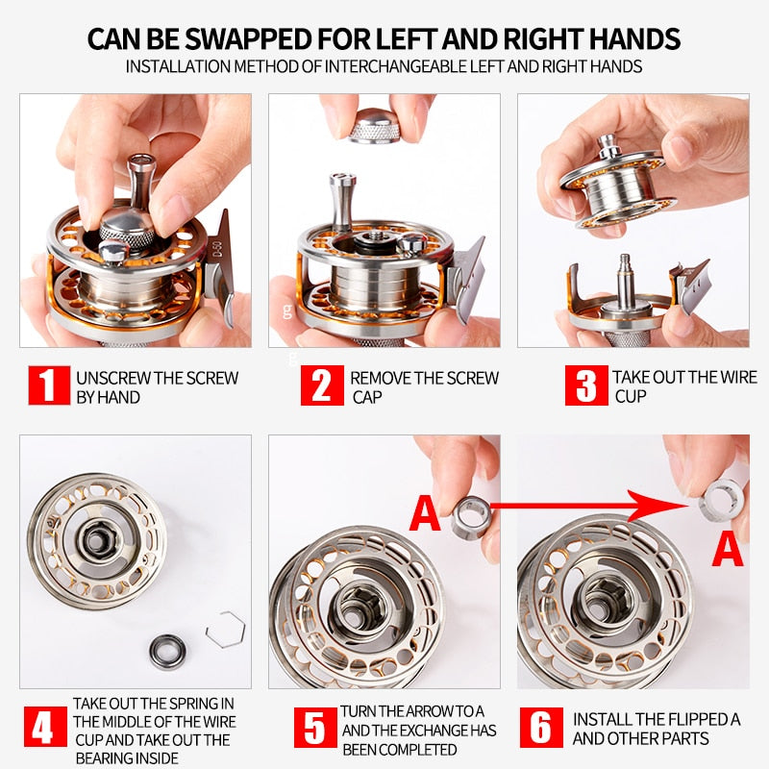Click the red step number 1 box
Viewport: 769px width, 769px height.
click(x=47, y=386)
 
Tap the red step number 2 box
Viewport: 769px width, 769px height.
click(x=322, y=386)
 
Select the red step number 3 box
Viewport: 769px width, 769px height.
click(x=585, y=386)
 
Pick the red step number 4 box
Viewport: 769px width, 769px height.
click(x=43, y=729)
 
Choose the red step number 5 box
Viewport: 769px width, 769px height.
click(x=314, y=729)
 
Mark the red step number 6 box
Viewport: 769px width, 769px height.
click(x=542, y=729)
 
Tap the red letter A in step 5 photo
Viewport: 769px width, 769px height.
click(x=425, y=513)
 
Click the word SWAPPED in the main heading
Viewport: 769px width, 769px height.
click(x=244, y=39)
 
